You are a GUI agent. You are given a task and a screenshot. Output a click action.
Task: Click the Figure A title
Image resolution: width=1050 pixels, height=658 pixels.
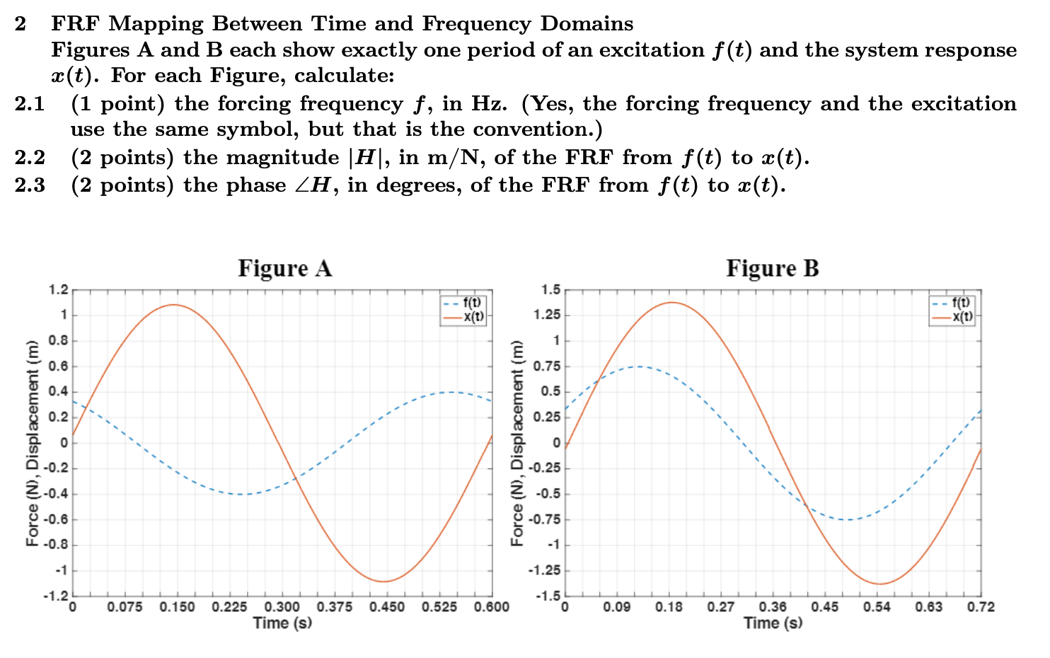click(284, 269)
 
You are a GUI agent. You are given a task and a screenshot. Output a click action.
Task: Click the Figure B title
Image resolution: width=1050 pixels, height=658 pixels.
click(772, 269)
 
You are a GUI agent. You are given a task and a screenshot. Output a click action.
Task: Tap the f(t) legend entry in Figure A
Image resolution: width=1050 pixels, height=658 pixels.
click(473, 303)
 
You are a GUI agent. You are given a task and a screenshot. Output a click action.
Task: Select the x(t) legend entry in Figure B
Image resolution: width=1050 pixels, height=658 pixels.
click(962, 317)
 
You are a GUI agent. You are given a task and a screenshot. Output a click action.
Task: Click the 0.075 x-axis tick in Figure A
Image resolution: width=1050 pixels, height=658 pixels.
click(125, 607)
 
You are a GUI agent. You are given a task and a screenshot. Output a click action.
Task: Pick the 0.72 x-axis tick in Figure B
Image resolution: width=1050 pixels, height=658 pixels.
click(981, 607)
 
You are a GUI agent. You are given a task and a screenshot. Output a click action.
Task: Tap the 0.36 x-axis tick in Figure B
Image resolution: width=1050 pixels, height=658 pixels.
click(773, 607)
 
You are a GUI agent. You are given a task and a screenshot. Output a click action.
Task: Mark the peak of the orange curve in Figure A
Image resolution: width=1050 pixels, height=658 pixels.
click(174, 305)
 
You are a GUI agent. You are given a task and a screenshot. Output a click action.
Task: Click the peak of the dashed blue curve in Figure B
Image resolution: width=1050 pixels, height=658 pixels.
click(638, 366)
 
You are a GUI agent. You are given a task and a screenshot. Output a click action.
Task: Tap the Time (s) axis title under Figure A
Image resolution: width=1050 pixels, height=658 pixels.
click(282, 623)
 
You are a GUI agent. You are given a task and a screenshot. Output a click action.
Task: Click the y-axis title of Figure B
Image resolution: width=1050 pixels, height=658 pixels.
click(517, 443)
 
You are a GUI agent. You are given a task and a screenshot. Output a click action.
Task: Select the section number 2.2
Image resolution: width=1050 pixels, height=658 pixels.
click(30, 158)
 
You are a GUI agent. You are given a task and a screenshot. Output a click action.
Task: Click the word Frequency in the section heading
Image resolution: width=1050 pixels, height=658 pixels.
click(476, 24)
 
